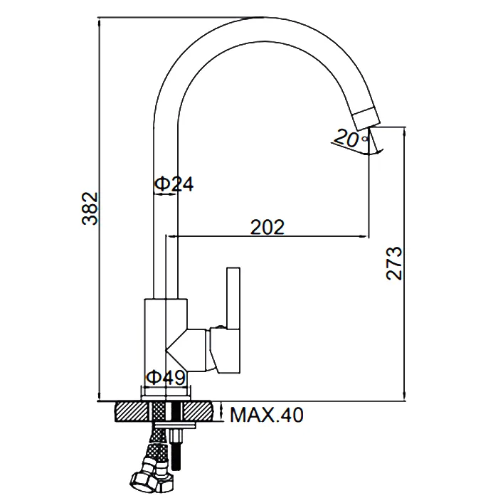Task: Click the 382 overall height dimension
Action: [x=90, y=208]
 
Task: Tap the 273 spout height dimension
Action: [x=394, y=263]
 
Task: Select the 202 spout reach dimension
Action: [x=267, y=227]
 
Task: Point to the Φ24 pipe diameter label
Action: [x=174, y=184]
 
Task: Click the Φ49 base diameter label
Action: [x=166, y=377]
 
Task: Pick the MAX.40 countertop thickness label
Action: [x=267, y=415]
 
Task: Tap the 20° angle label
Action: [x=350, y=138]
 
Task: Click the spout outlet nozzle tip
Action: [x=366, y=119]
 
